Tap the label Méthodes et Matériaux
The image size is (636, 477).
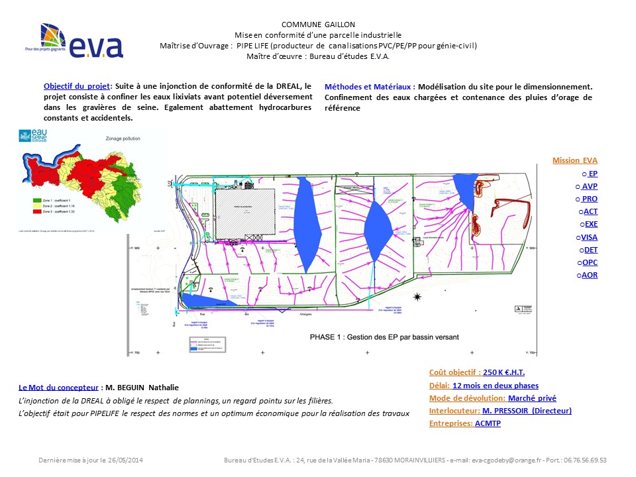369,86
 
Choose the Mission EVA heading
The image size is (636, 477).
574,160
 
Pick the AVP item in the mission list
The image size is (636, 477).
589,186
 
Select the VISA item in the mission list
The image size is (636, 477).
588,237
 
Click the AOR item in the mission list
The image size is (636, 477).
589,274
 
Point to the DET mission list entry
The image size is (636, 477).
589,249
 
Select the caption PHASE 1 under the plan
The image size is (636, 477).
384,337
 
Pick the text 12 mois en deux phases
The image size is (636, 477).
496,386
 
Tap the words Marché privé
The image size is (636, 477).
531,398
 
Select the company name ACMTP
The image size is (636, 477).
488,423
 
